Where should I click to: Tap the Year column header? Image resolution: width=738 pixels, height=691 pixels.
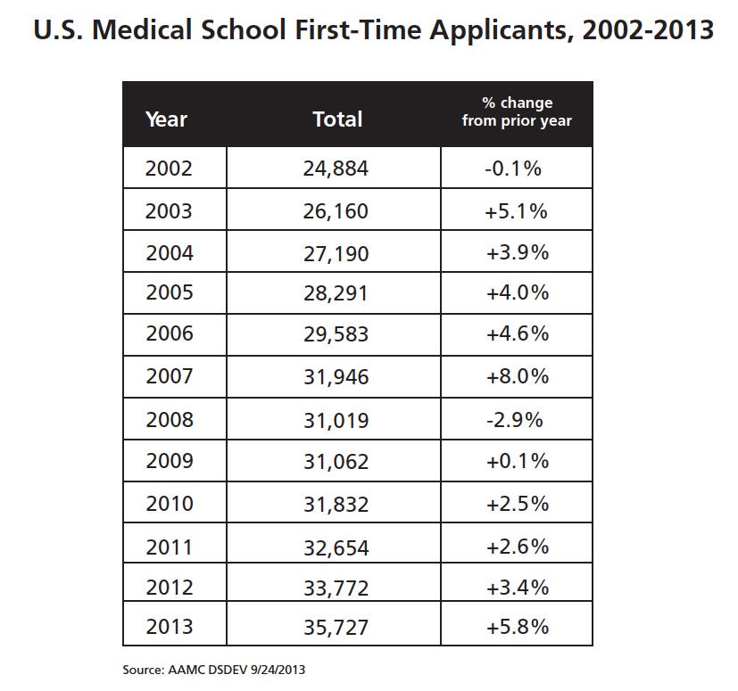click(x=166, y=119)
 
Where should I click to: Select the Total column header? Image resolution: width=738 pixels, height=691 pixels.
click(x=337, y=119)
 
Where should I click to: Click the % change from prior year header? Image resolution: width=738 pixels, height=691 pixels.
click(x=517, y=112)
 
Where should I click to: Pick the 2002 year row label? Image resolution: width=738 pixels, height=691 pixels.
click(x=169, y=169)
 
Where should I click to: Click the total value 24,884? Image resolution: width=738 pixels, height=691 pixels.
click(x=336, y=169)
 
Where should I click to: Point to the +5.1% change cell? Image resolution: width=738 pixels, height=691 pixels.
click(x=517, y=211)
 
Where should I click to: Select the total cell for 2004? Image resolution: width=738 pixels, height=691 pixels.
click(x=336, y=253)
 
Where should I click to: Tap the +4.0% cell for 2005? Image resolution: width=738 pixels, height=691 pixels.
click(x=517, y=292)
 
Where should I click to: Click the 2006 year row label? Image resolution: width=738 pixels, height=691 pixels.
click(x=169, y=334)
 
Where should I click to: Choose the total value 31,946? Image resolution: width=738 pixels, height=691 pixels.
click(x=336, y=376)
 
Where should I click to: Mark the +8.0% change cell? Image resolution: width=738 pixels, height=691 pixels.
click(x=517, y=376)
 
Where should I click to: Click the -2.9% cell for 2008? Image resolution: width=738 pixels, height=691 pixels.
click(x=517, y=419)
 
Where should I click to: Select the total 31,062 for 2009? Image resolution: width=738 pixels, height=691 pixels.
click(x=336, y=462)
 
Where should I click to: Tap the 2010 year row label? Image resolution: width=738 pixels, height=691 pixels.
click(x=169, y=504)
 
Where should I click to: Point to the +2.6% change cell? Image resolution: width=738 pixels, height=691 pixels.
click(x=517, y=546)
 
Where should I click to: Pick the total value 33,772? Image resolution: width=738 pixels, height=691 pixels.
click(x=336, y=588)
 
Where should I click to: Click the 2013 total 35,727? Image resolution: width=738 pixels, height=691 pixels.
click(x=336, y=627)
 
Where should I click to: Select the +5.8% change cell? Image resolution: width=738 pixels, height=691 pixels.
click(x=517, y=627)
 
